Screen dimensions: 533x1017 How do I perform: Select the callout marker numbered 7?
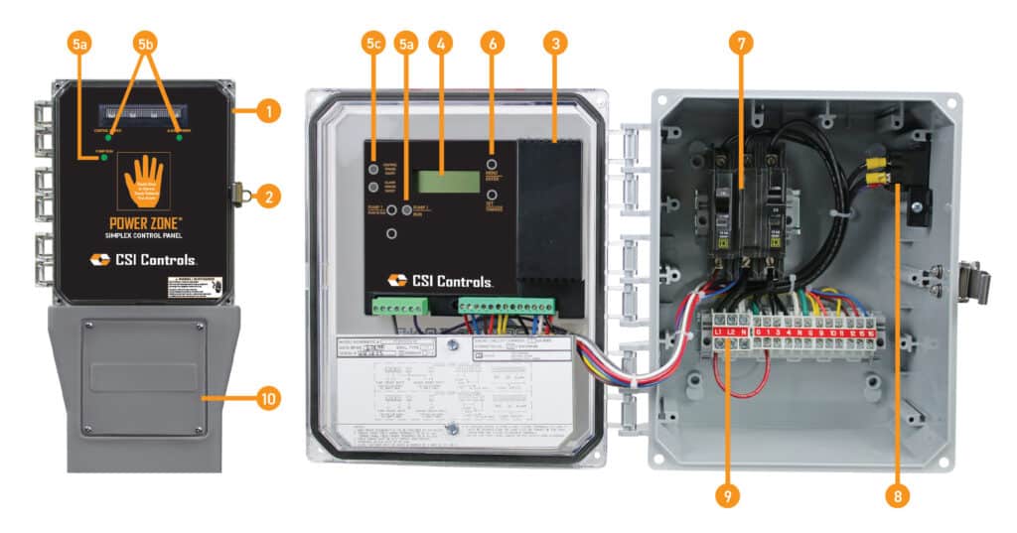(739, 44)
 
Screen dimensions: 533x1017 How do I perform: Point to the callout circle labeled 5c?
(373, 44)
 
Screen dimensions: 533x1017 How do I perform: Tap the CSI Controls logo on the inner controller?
(447, 281)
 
